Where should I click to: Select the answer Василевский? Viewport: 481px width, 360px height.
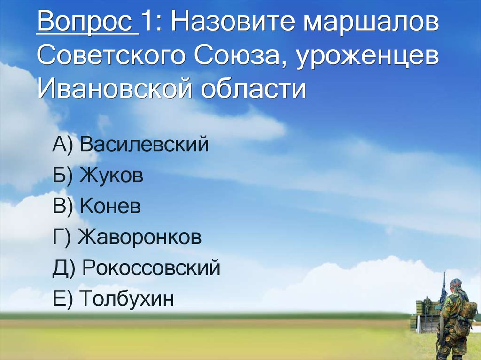pos(144,145)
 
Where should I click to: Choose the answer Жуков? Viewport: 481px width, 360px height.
pos(111,176)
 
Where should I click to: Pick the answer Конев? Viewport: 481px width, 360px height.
pos(110,207)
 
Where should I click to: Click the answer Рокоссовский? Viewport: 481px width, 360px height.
pos(151,268)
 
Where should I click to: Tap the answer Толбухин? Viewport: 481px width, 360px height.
pos(127,299)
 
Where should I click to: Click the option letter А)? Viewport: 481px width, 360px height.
pos(62,145)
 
